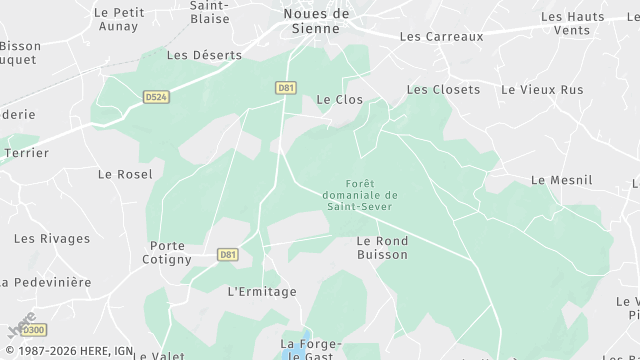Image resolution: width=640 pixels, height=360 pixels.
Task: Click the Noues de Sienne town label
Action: pyautogui.click(x=316, y=20)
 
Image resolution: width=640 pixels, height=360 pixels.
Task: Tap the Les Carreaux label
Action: pyautogui.click(x=441, y=36)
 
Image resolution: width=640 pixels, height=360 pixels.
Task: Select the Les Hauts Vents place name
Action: pyautogui.click(x=572, y=24)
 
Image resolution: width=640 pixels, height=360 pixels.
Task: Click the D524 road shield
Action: pyautogui.click(x=155, y=97)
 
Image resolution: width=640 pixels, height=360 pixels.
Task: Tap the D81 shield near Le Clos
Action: pyautogui.click(x=286, y=88)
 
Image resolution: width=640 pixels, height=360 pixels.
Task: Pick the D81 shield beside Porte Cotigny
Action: pyautogui.click(x=228, y=255)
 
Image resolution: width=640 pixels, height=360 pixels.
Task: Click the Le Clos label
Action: pyautogui.click(x=339, y=100)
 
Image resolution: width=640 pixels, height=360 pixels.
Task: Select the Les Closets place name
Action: pyautogui.click(x=443, y=90)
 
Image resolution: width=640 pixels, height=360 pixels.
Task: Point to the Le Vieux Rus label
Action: pyautogui.click(x=542, y=90)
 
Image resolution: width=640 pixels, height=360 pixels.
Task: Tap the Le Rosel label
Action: pyautogui.click(x=125, y=174)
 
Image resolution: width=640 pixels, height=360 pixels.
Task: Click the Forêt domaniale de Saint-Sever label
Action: pyautogui.click(x=357, y=194)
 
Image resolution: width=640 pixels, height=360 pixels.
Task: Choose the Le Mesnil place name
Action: pyautogui.click(x=561, y=180)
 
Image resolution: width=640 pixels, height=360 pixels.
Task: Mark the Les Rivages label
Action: pyautogui.click(x=52, y=239)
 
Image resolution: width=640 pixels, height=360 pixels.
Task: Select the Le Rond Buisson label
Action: pyautogui.click(x=382, y=248)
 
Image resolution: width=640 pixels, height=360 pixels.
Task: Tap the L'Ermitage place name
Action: pyautogui.click(x=263, y=292)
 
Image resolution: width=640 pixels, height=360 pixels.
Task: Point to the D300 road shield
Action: pyautogui.click(x=33, y=330)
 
